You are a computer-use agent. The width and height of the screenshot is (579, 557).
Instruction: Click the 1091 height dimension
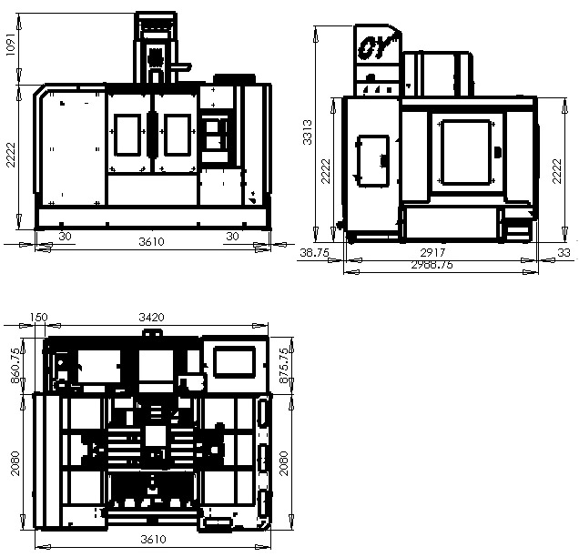[x=12, y=45]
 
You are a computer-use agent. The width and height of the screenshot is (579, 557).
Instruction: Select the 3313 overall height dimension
[x=307, y=132]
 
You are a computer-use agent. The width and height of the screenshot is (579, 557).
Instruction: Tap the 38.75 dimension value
[x=314, y=253]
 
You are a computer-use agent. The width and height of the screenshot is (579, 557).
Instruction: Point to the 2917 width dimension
[x=432, y=253]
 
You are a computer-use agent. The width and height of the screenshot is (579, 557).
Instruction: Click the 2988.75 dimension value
[x=432, y=265]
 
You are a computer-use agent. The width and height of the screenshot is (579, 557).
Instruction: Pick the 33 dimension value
[x=564, y=253]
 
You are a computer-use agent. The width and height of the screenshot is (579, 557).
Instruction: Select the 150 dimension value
[x=39, y=317]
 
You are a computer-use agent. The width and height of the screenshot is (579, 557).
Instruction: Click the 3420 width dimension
[x=151, y=317]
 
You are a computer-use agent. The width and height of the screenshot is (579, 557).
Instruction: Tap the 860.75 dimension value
[x=15, y=366]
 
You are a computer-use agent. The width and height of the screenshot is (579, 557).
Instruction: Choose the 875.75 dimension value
[x=284, y=366]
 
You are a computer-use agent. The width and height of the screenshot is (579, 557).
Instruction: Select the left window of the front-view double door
[x=127, y=135]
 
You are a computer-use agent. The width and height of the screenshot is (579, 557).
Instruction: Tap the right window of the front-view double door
[x=178, y=135]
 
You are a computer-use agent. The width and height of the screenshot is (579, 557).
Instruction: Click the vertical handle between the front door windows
[x=152, y=135]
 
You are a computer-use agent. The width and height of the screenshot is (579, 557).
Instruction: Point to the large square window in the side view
[x=467, y=152]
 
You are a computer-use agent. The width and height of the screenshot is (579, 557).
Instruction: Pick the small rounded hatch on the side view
[x=373, y=161]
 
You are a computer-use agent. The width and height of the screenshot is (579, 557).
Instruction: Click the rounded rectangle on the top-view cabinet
[x=235, y=361]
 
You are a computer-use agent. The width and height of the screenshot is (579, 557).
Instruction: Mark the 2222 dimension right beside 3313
[x=326, y=171]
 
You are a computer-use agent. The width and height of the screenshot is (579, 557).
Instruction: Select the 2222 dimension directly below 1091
[x=12, y=155]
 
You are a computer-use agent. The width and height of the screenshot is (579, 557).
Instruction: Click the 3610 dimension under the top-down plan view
[x=153, y=540]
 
